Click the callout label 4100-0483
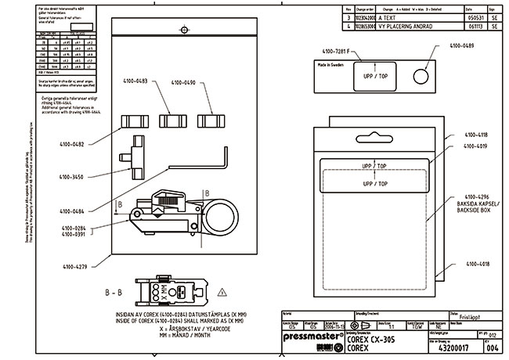[138, 81]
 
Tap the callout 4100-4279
[73, 266]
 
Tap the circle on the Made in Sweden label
[419, 77]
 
